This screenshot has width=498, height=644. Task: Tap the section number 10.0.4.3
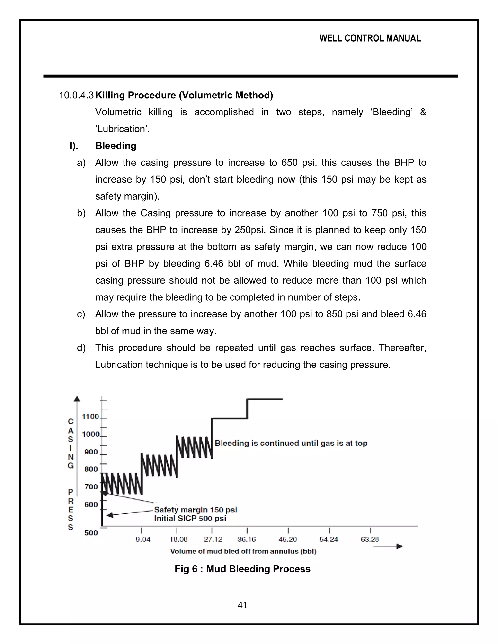[76, 95]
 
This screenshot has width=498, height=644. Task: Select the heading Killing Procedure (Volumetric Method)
[184, 95]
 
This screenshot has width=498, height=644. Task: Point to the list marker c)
[81, 314]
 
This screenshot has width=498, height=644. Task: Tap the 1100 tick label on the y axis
[90, 417]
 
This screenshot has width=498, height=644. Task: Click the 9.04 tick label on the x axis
[143, 539]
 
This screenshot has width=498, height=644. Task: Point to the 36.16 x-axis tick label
[247, 539]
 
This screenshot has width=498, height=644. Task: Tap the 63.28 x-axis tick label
[370, 539]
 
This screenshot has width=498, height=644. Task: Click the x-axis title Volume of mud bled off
[243, 551]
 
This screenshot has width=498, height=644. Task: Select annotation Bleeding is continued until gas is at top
[291, 443]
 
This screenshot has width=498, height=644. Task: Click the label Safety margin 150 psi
[196, 510]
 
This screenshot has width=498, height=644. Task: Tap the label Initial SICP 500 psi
[190, 518]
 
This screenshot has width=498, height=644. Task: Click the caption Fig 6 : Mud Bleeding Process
[242, 569]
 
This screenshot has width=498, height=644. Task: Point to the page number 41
[242, 605]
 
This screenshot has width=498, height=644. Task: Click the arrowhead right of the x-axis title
[399, 546]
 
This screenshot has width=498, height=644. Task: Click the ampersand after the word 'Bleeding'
[423, 112]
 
